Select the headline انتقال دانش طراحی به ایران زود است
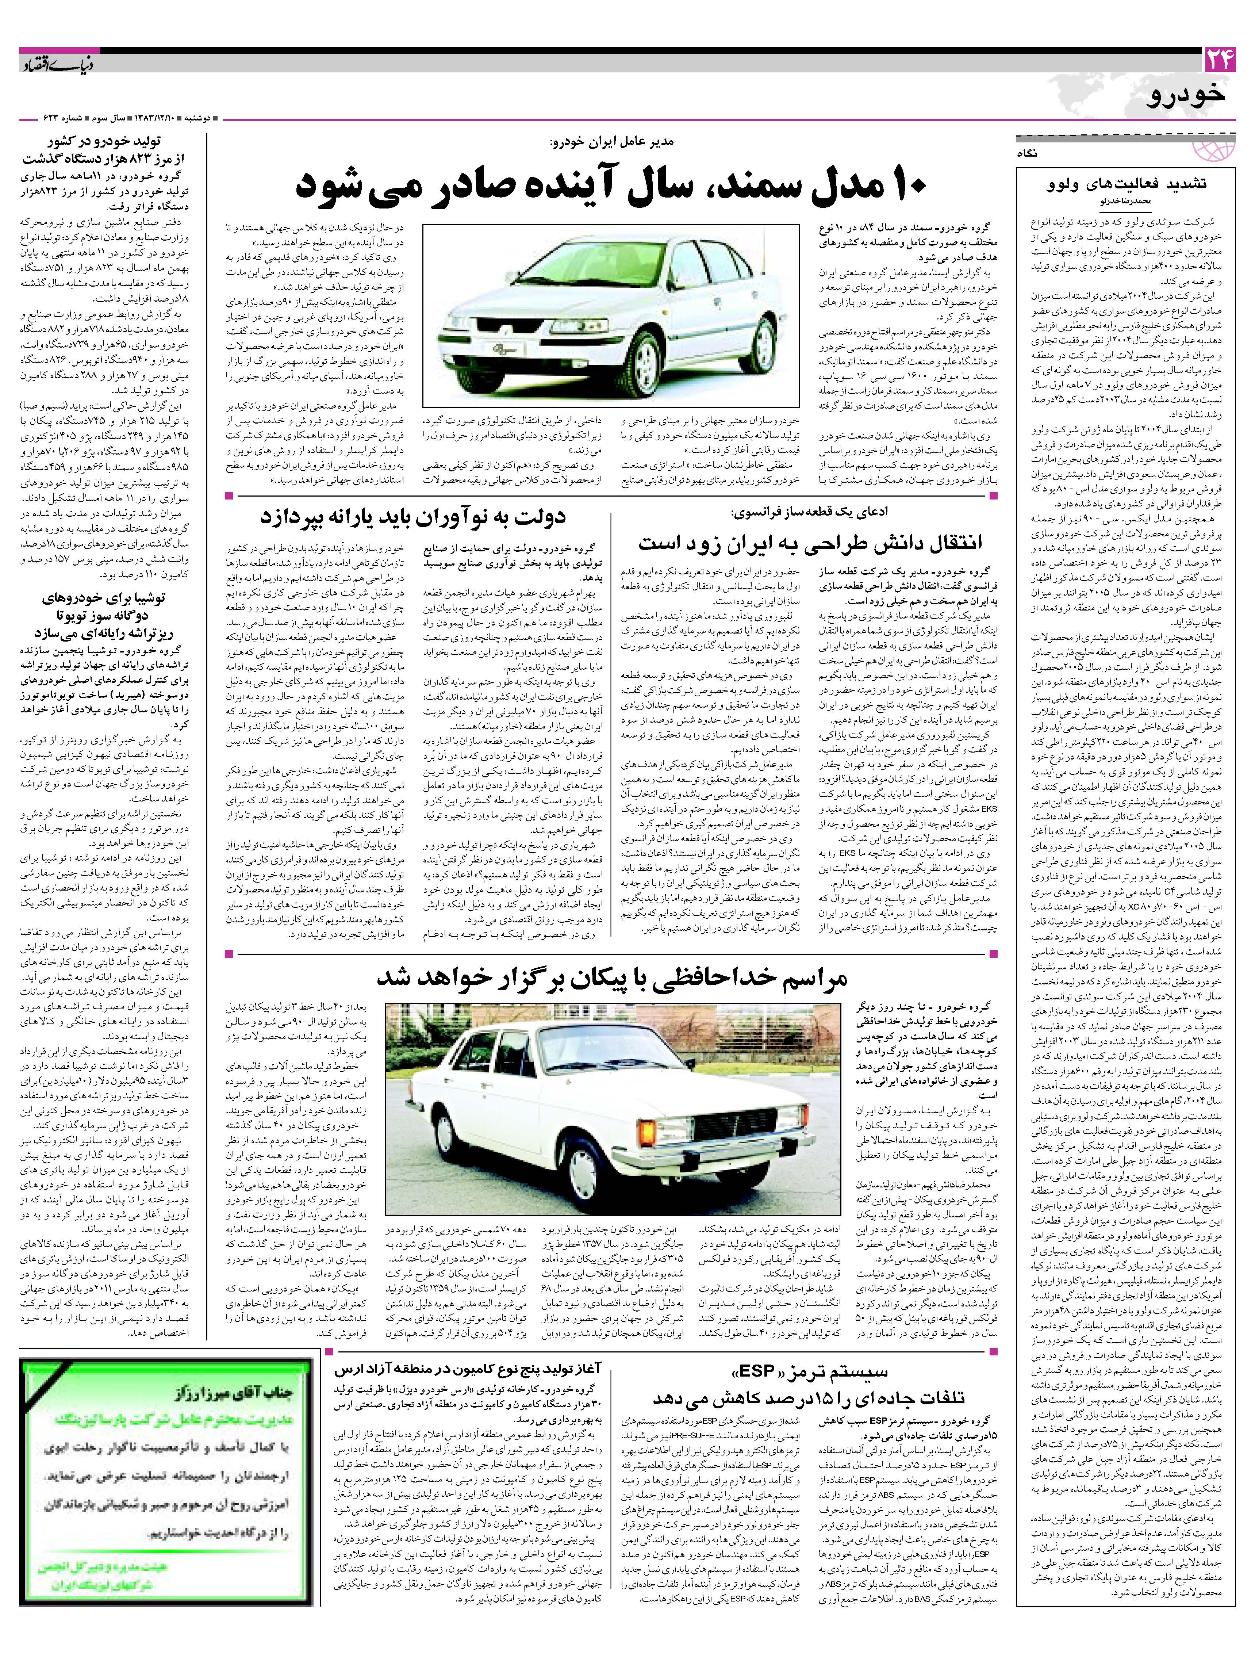810,542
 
